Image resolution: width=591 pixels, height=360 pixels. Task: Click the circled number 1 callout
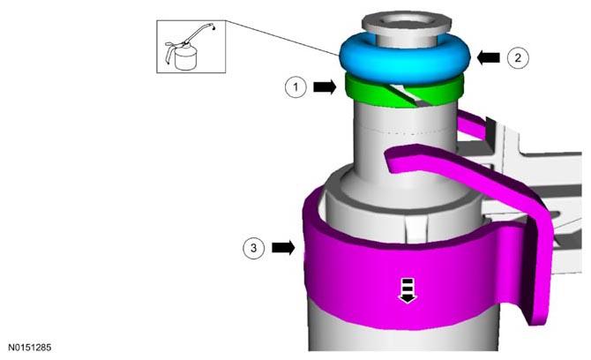[x=295, y=87]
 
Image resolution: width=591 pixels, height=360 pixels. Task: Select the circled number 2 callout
[x=518, y=57]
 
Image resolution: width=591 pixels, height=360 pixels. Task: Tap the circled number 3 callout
[x=254, y=248]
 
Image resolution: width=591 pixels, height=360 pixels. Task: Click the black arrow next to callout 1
[x=325, y=87]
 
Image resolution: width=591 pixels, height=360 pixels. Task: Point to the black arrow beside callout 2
[x=489, y=57]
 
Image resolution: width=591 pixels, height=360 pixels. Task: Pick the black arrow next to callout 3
[x=283, y=248]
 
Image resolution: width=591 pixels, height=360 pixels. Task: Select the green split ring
[x=403, y=93]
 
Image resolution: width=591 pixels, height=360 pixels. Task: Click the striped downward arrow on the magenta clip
[x=408, y=290]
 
